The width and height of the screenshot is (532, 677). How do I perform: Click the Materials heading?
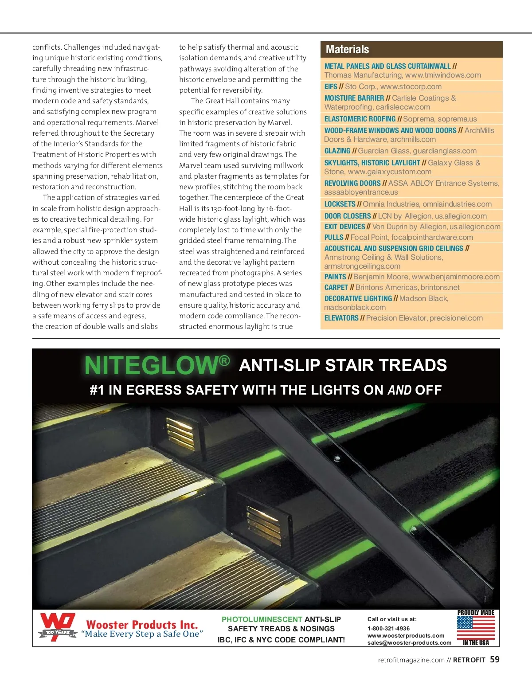[347, 50]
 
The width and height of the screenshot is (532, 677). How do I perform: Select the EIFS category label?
[331, 86]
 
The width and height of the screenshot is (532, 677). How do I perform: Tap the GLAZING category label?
[337, 151]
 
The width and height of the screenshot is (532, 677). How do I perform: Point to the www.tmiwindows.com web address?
[443, 75]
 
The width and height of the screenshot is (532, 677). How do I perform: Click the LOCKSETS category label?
[340, 204]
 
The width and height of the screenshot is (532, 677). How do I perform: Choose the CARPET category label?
[336, 287]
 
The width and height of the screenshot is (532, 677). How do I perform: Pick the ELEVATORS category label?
[341, 318]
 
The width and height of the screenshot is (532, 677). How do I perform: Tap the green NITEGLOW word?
[151, 366]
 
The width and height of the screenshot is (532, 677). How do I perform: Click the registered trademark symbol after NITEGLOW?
[224, 360]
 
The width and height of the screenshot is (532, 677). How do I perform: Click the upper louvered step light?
[180, 434]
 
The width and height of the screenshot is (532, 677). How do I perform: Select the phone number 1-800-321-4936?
[388, 628]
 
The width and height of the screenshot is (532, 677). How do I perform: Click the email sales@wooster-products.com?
[409, 643]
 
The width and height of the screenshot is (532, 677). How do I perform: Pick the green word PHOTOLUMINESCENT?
[262, 619]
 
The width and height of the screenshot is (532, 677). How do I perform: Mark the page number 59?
[495, 660]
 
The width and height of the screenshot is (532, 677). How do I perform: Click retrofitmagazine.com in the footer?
[411, 660]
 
